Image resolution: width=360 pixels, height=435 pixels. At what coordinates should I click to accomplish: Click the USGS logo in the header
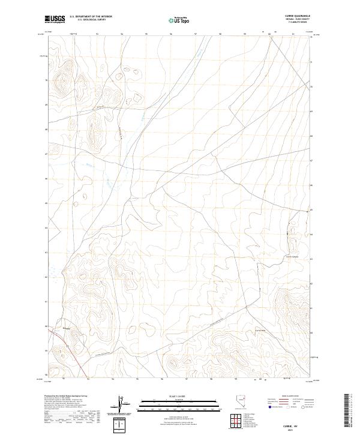coord(55,19)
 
